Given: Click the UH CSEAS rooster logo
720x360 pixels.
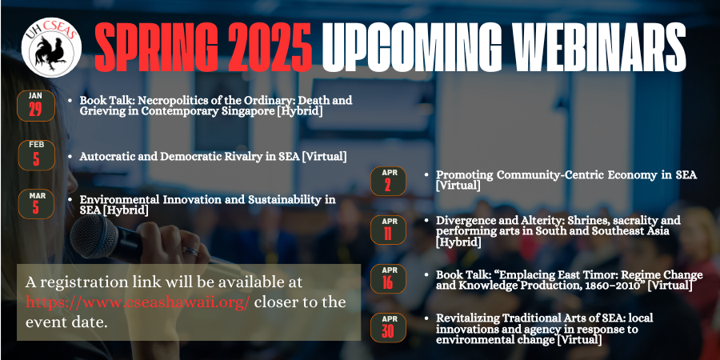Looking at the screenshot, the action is pos(51,47).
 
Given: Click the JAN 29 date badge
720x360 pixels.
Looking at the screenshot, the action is pos(36,106).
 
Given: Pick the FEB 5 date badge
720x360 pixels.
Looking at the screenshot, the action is pos(36,155).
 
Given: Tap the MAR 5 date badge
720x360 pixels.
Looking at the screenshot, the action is pos(36,204).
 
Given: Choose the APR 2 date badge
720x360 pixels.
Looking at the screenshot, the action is pos(388,181).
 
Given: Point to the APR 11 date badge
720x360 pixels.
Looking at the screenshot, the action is pos(388,230).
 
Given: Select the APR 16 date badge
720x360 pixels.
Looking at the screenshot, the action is pos(388,278).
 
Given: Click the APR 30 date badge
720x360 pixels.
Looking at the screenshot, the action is pos(388,327).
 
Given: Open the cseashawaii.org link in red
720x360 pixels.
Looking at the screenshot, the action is pos(138,302).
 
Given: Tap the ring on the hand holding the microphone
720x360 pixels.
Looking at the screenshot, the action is pos(190,252).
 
